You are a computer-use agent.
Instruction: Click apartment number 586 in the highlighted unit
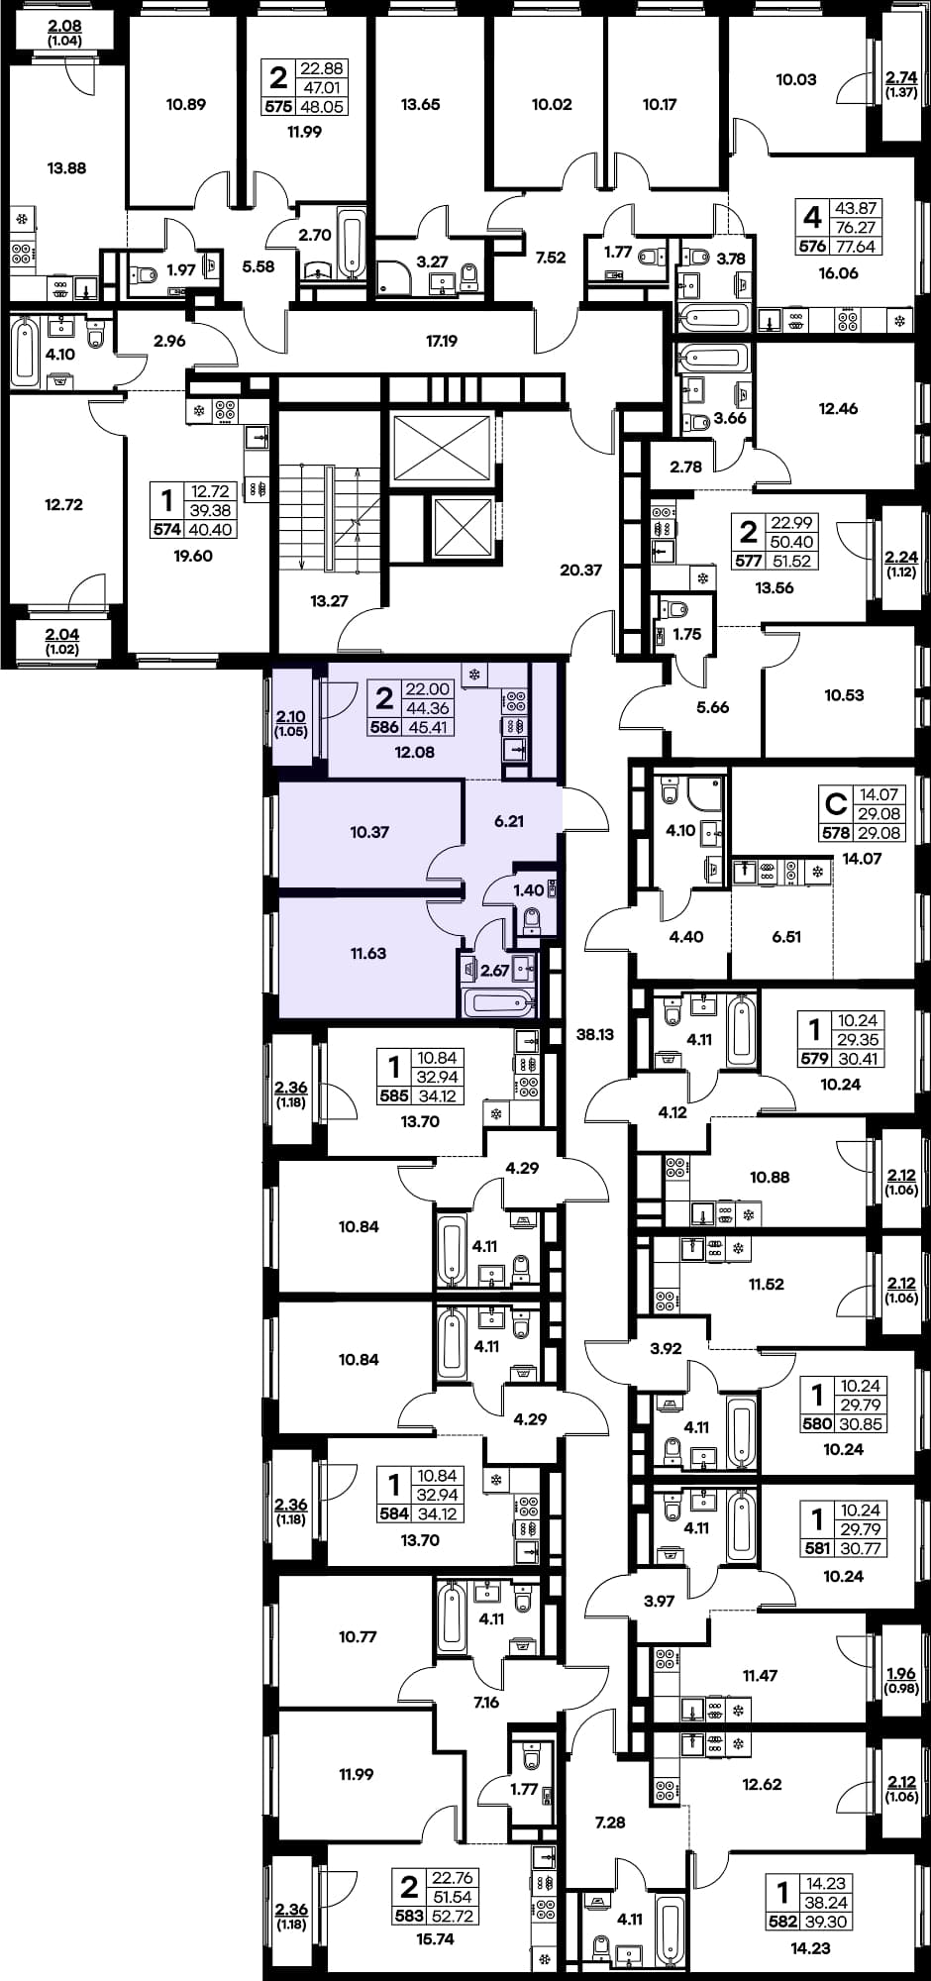(384, 726)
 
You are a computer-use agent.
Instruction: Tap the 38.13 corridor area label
(595, 1034)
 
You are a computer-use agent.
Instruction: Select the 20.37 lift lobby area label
(580, 570)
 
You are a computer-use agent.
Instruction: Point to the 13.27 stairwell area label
(329, 600)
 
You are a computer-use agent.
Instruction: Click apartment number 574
(166, 530)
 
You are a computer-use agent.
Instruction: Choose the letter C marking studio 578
(837, 802)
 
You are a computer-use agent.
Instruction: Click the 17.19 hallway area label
(442, 341)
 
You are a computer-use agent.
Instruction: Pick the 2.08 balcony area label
(64, 27)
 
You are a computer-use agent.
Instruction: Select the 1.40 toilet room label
(528, 890)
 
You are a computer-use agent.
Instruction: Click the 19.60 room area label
(193, 556)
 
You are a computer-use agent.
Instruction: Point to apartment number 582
(782, 1922)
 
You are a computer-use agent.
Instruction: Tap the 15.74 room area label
(435, 1939)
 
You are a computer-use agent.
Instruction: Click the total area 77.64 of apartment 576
(856, 247)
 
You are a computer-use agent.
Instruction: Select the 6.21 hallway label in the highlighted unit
(509, 821)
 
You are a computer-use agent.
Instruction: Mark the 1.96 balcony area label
(901, 1674)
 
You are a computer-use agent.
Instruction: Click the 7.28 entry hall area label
(610, 1823)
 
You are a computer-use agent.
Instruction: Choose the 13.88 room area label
(66, 168)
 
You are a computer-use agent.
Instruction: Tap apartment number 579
(814, 1059)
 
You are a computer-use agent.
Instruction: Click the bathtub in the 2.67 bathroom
(499, 1002)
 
